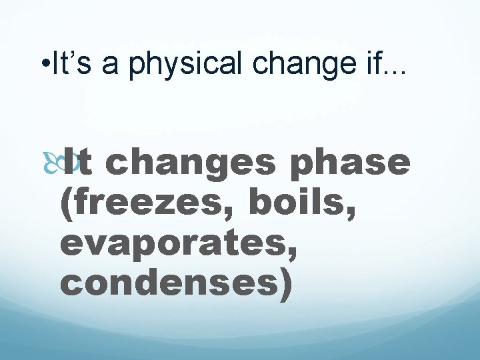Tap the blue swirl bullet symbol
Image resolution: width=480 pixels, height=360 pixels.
[x=69, y=163]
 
